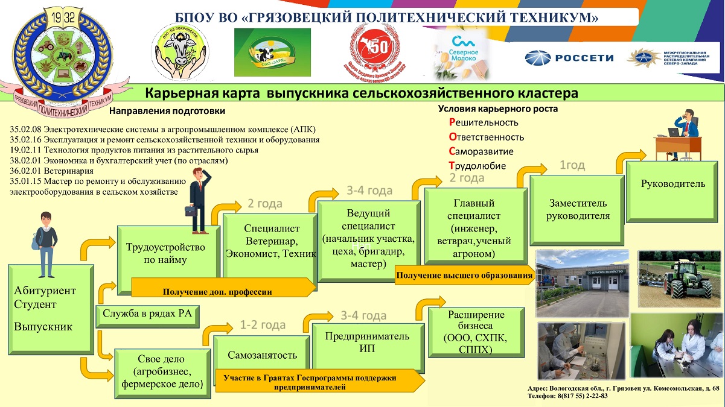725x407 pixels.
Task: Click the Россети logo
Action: [569, 58]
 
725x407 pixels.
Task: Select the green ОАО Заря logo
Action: [272, 52]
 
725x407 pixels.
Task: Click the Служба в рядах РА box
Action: [147, 313]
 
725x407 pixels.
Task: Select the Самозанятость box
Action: [262, 355]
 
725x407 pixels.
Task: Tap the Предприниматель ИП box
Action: [362, 342]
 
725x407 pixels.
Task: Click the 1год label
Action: [573, 165]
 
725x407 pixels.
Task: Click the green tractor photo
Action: [680, 277]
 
